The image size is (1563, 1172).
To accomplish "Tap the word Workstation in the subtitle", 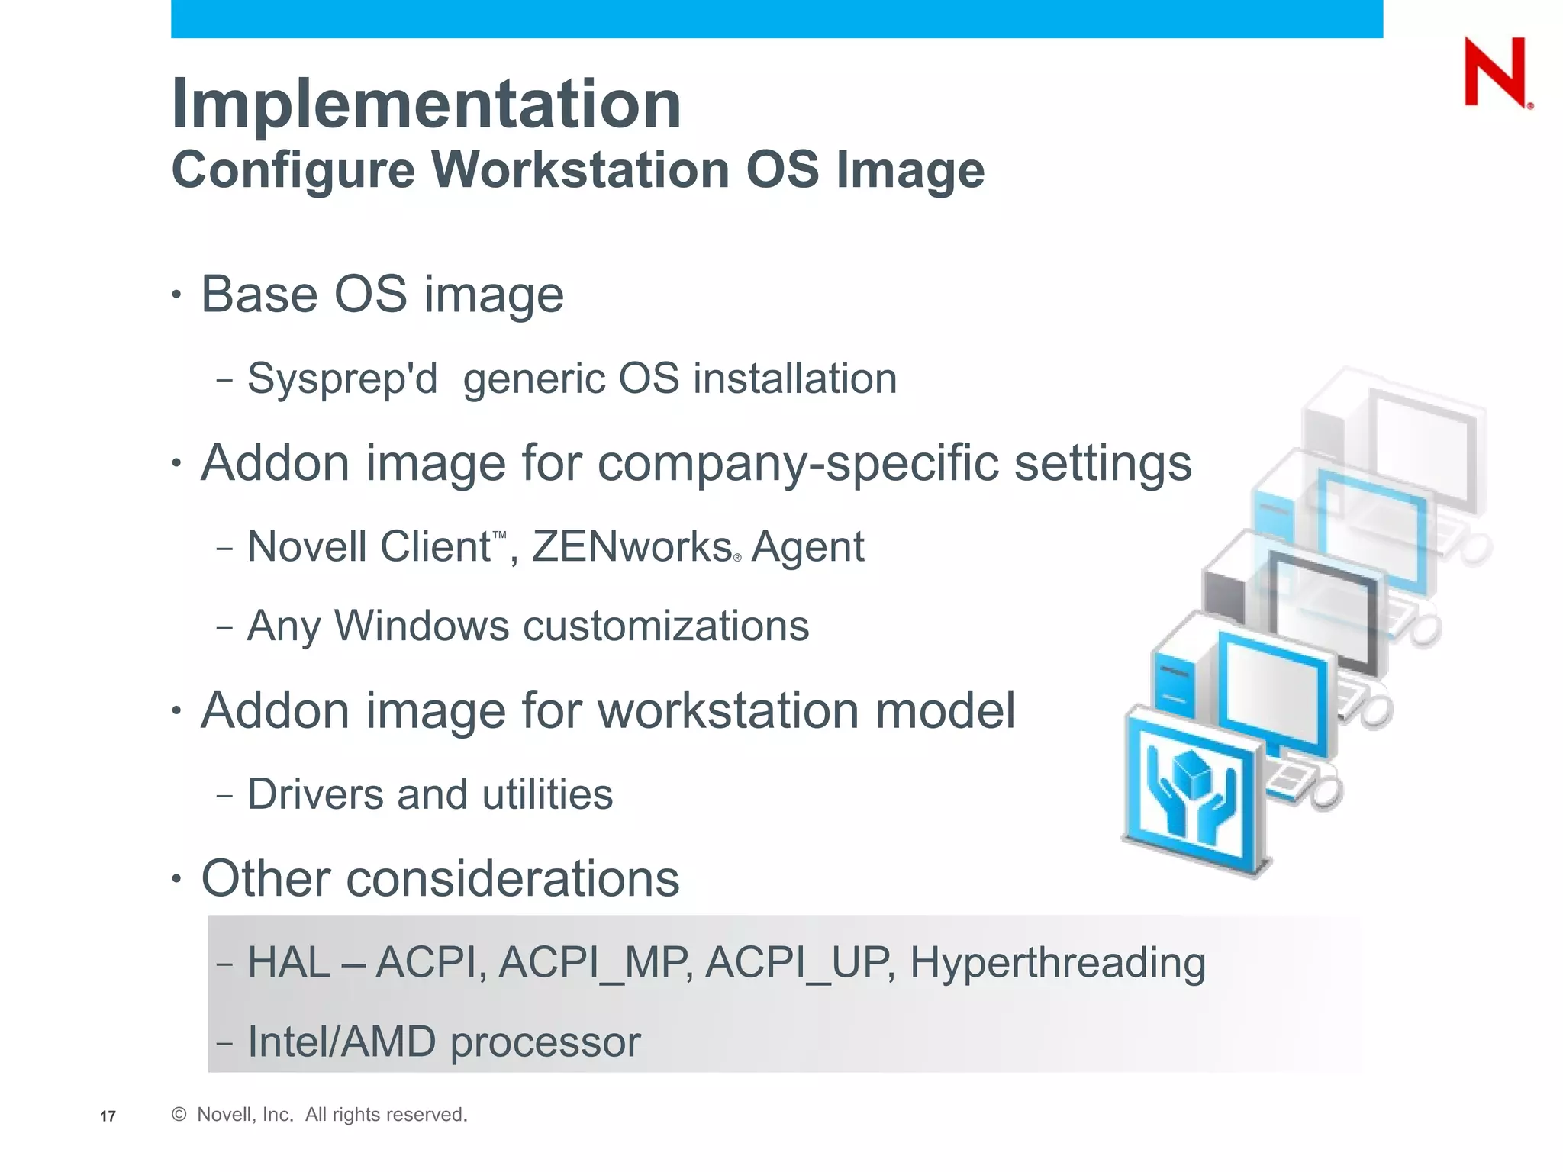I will pyautogui.click(x=581, y=169).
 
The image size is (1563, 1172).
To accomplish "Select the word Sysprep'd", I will pyautogui.click(x=343, y=379).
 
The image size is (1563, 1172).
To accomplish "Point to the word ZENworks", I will pyautogui.click(x=632, y=547).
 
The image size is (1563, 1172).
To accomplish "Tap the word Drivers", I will pyautogui.click(x=315, y=794).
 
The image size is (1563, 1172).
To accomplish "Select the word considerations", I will pyautogui.click(x=512, y=879).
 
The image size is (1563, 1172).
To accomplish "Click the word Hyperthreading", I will pyautogui.click(x=1057, y=963).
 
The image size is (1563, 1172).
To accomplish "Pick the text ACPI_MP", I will pyautogui.click(x=595, y=963).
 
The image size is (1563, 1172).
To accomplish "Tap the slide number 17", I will pyautogui.click(x=108, y=1116).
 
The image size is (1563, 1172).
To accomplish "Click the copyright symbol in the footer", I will pyautogui.click(x=179, y=1115).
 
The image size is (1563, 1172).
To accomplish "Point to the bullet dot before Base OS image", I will pyautogui.click(x=177, y=295).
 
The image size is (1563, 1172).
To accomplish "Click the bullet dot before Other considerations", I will pyautogui.click(x=177, y=879).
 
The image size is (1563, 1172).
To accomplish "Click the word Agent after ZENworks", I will pyautogui.click(x=807, y=547).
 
